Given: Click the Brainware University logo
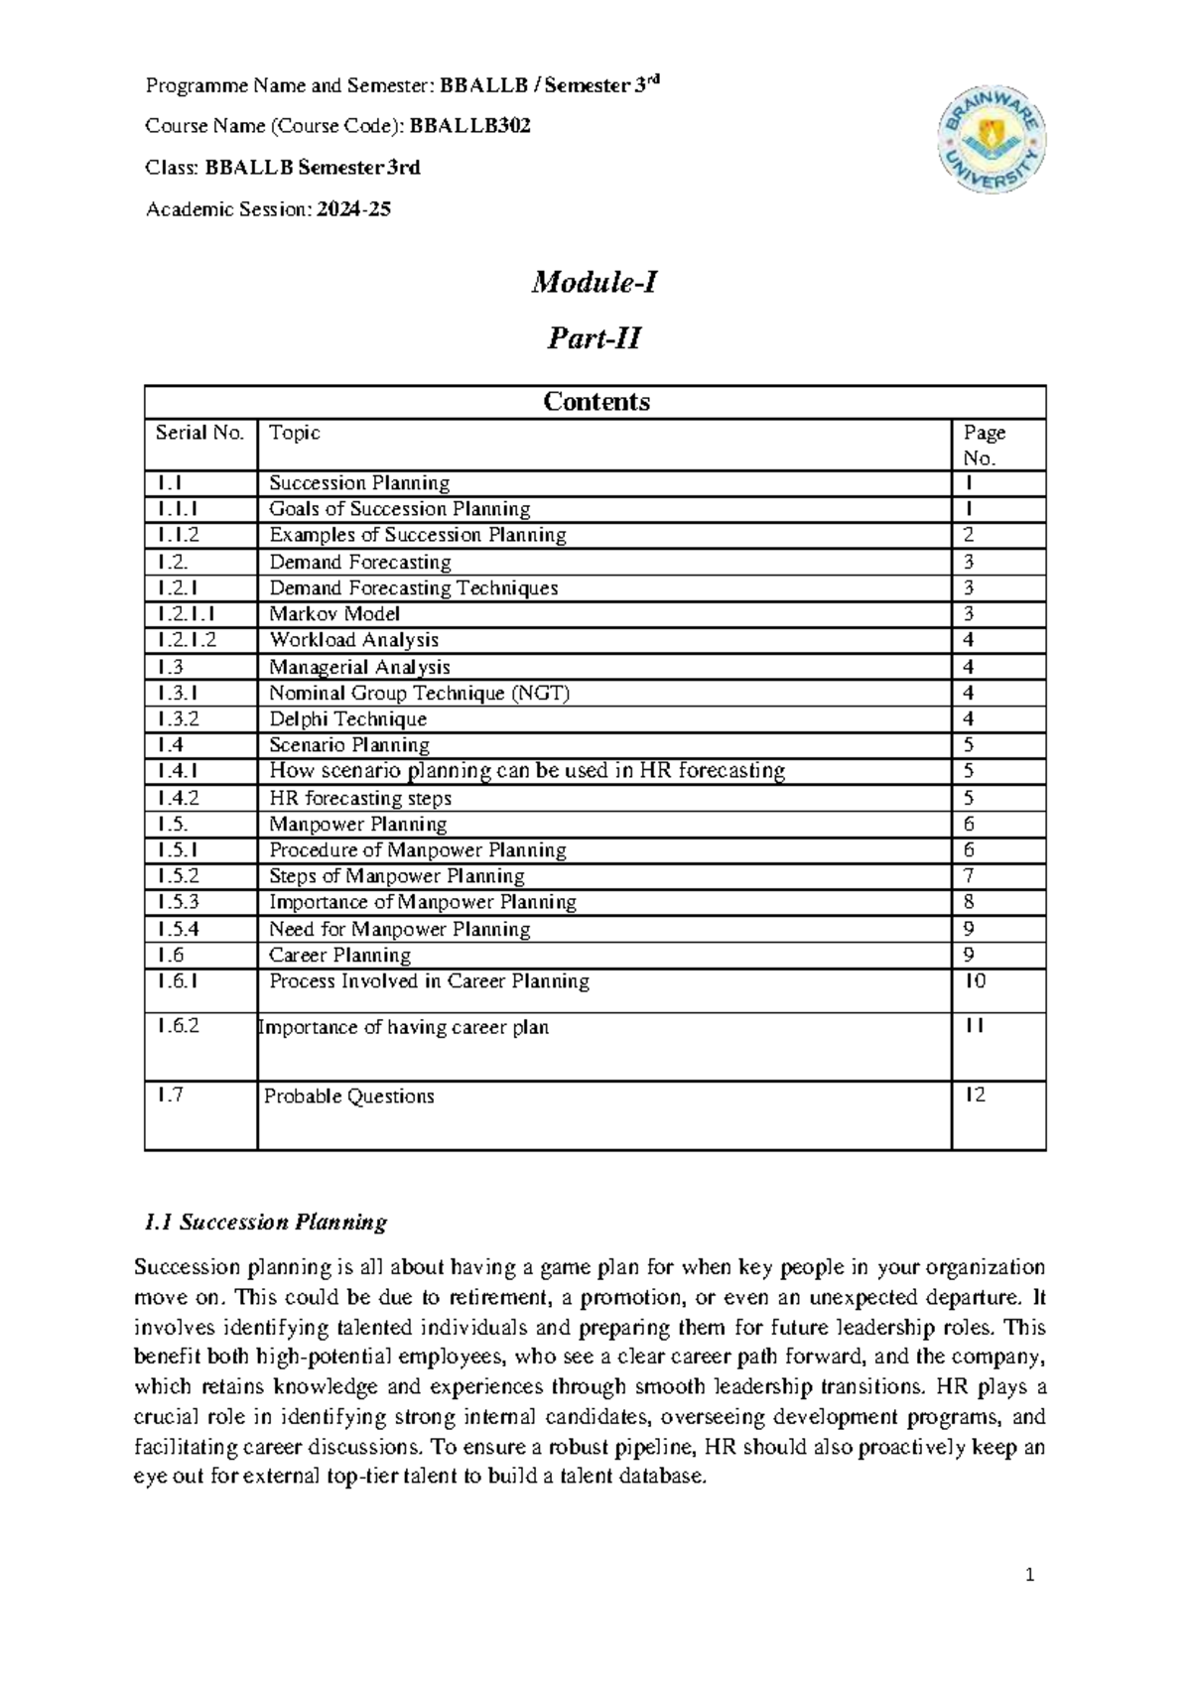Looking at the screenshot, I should [992, 138].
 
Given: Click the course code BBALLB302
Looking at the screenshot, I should [469, 126].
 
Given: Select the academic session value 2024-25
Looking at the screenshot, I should [353, 209].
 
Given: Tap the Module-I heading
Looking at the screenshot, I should [595, 283].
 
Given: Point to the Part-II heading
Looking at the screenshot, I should [595, 338].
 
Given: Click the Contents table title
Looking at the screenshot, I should [595, 402].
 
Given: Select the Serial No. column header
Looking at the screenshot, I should [199, 433].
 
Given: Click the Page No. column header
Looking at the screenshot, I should [984, 445].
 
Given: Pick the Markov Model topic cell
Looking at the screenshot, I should [334, 614].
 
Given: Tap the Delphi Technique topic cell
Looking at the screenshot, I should [347, 719].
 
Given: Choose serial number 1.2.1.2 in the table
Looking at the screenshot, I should [186, 640].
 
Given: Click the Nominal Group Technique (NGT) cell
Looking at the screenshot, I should [419, 694].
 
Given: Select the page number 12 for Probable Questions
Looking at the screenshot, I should [976, 1095].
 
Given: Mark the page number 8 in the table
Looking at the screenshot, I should [969, 902].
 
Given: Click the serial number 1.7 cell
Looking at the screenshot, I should [170, 1095].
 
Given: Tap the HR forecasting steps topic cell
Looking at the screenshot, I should [360, 799].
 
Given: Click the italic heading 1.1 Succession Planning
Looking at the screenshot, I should [266, 1223].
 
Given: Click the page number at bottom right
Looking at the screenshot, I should [1030, 1575].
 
